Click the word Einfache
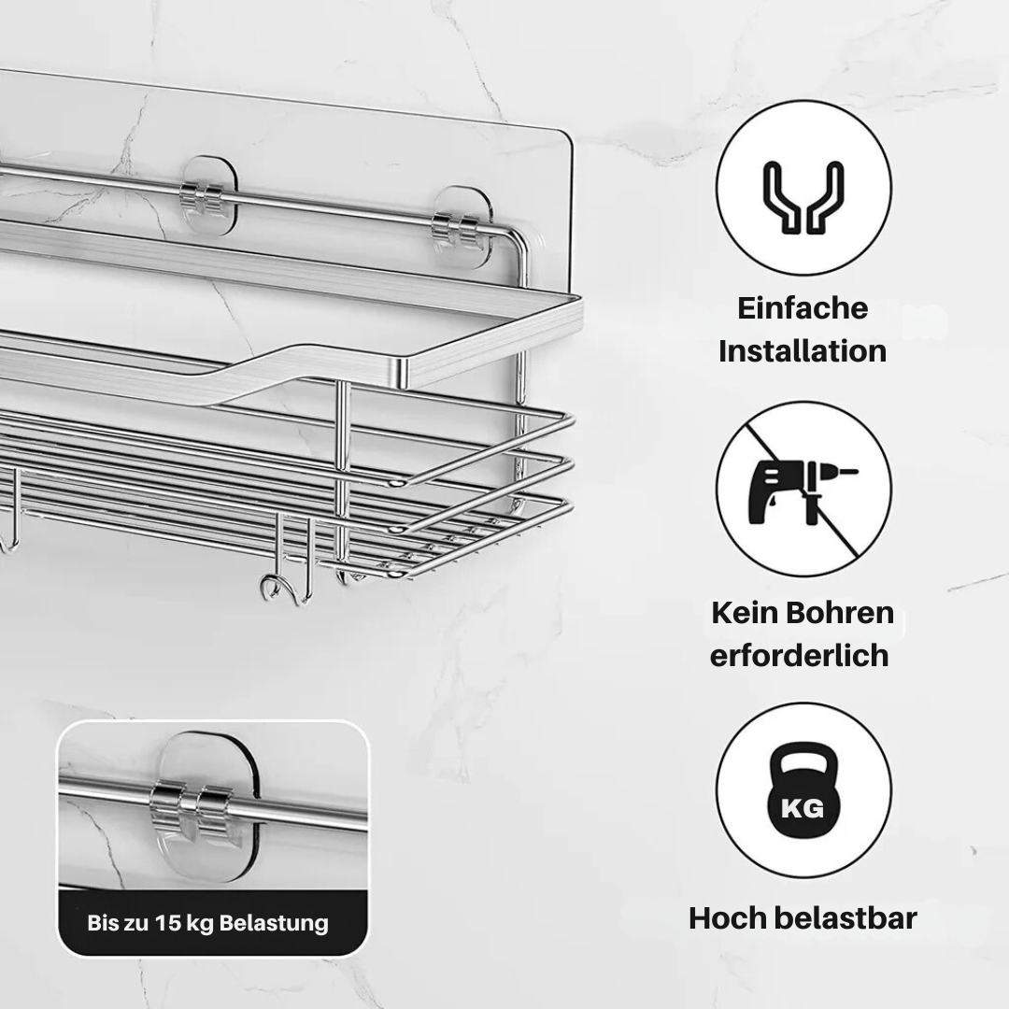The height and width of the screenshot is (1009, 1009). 803,308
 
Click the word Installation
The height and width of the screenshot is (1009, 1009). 803,351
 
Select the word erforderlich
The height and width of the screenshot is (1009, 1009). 799,656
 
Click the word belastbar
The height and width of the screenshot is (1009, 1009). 846,917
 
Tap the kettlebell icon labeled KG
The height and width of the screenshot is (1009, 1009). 803,790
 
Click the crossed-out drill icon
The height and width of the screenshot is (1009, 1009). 803,489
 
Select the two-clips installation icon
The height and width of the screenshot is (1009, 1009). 803,196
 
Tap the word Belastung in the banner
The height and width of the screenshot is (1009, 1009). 274,923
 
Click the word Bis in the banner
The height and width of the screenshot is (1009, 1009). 101,923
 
